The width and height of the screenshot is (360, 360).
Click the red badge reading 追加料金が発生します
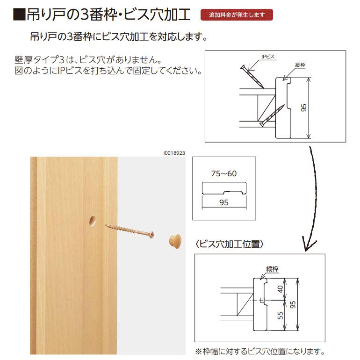tap(237, 15)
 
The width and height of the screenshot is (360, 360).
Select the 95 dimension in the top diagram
tap(304, 108)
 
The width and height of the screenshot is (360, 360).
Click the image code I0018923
tap(174, 152)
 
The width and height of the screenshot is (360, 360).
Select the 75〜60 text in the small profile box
tap(223, 173)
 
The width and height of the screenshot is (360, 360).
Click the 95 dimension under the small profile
tap(223, 202)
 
